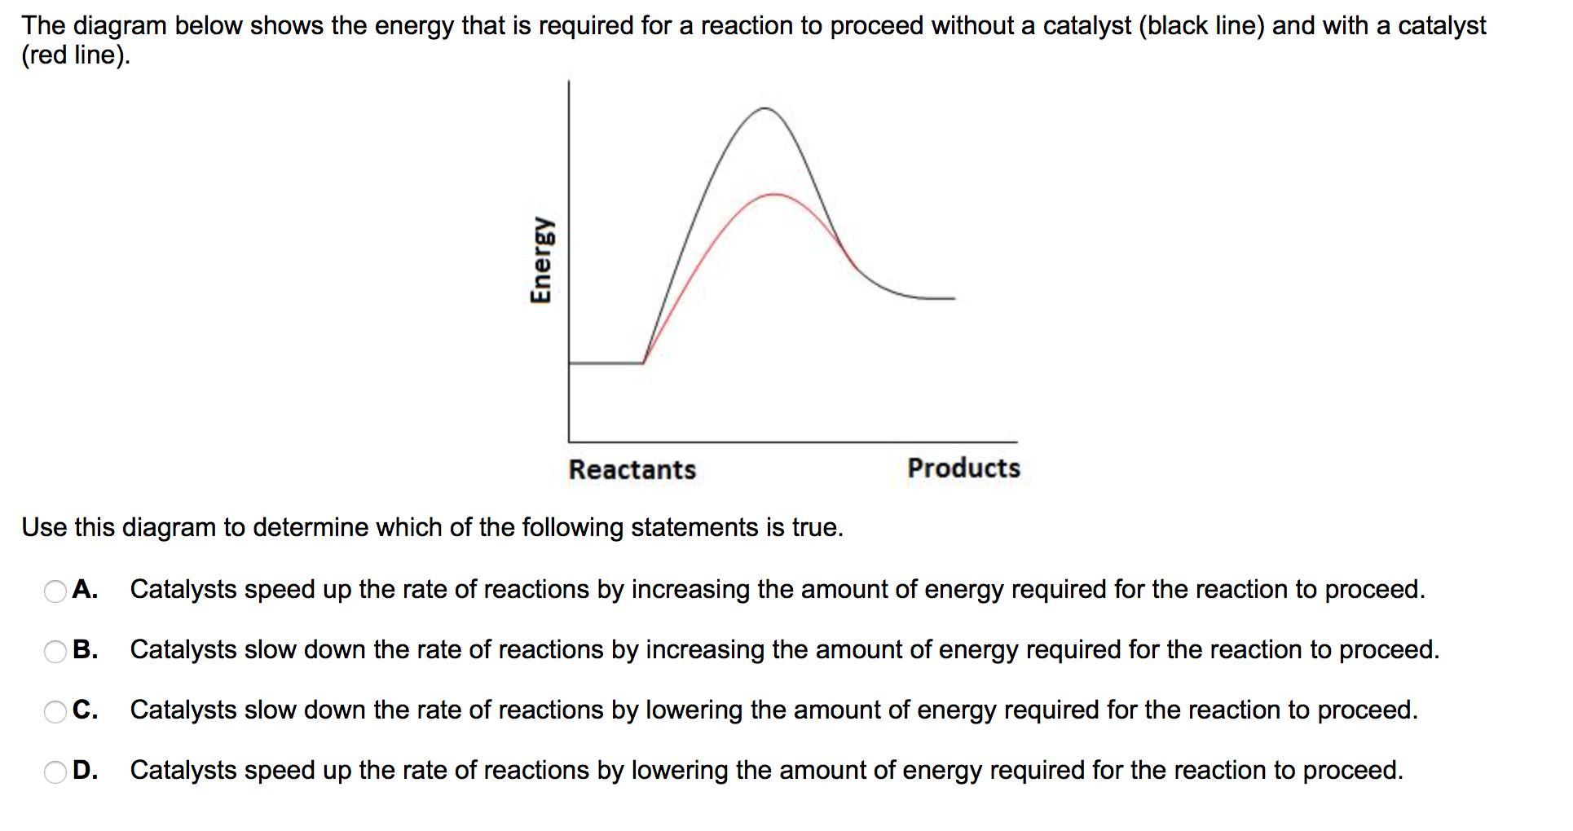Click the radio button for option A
tap(55, 591)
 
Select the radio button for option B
tap(55, 651)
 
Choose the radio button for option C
tap(55, 711)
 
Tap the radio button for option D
tap(55, 772)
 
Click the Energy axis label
tap(540, 259)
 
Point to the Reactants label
tap(632, 469)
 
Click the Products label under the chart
tap(963, 468)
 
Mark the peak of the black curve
tap(764, 108)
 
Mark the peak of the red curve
tap(774, 194)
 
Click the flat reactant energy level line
tap(606, 363)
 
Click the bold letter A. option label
tap(85, 589)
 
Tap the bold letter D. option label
tap(85, 770)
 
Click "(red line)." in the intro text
tap(76, 55)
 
